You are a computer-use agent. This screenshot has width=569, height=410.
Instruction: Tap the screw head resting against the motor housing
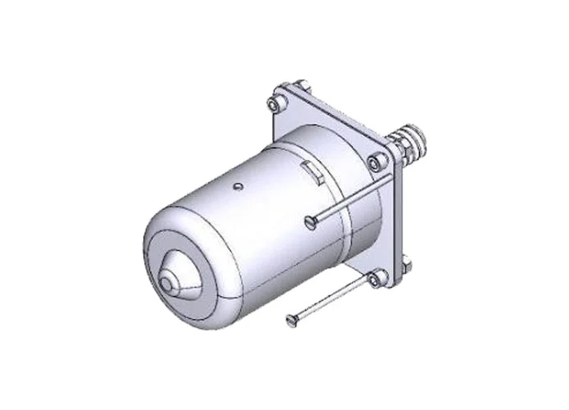tap(309, 220)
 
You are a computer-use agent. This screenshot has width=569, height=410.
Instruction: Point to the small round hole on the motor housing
tap(236, 187)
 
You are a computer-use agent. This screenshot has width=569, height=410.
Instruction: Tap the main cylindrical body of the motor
tap(246, 221)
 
